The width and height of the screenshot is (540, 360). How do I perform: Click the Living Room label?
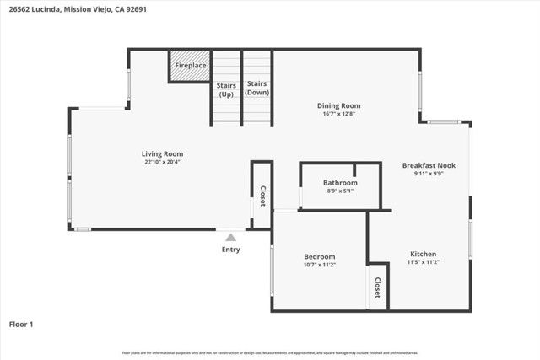(162, 153)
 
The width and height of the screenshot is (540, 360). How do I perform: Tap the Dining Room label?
(339, 106)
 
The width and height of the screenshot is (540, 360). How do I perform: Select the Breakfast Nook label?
(429, 165)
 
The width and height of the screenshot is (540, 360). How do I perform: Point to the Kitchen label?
(423, 254)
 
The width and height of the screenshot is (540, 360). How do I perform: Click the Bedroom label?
(320, 256)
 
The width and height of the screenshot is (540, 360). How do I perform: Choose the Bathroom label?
(340, 182)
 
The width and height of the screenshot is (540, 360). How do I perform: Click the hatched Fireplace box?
(190, 66)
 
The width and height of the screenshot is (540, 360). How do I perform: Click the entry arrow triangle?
(230, 237)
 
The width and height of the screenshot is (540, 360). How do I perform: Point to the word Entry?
(230, 250)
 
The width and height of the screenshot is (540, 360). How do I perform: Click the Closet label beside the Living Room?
(262, 196)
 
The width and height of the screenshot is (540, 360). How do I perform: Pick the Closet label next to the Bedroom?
(377, 287)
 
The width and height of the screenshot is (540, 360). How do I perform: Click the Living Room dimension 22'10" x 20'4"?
(162, 162)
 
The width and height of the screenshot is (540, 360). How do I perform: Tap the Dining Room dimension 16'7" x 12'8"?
(339, 115)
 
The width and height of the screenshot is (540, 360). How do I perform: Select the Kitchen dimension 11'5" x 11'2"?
(423, 262)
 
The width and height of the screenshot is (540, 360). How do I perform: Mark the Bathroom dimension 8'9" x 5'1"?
(340, 191)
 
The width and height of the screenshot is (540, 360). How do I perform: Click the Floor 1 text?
(21, 324)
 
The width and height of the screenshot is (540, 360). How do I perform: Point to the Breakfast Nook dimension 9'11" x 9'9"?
(429, 174)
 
